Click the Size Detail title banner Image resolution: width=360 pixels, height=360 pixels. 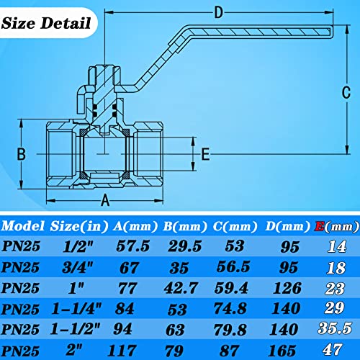pyautogui.click(x=48, y=22)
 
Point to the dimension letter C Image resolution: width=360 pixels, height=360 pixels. pyautogui.click(x=345, y=92)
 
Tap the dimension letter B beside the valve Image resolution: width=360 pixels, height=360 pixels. pyautogui.click(x=21, y=153)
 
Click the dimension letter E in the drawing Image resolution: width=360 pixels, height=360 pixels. pyautogui.click(x=205, y=153)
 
